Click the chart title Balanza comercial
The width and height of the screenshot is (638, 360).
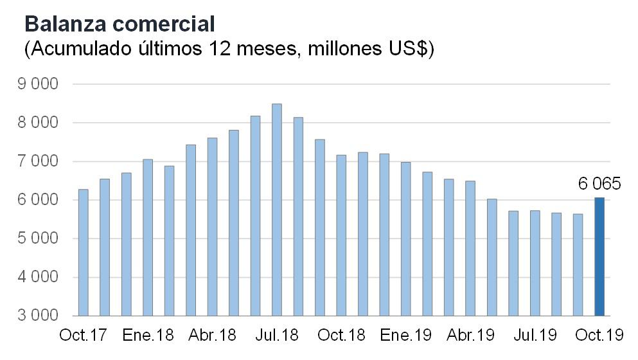pyautogui.click(x=119, y=24)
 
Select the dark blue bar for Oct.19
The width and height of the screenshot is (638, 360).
pyautogui.click(x=599, y=257)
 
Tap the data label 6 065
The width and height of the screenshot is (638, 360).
pyautogui.click(x=599, y=184)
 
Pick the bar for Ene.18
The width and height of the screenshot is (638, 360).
pyautogui.click(x=147, y=237)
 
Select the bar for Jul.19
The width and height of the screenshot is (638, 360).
pyautogui.click(x=535, y=263)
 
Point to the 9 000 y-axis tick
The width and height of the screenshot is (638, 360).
pyautogui.click(x=40, y=84)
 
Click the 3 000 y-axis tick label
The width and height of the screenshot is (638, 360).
pyautogui.click(x=40, y=316)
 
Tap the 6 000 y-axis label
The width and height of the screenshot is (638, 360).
pyautogui.click(x=40, y=200)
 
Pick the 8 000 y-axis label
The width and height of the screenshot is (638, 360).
pyautogui.click(x=40, y=123)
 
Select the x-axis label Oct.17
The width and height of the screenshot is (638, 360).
pyautogui.click(x=83, y=336)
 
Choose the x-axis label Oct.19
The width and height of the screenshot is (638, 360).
pyautogui.click(x=599, y=336)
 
